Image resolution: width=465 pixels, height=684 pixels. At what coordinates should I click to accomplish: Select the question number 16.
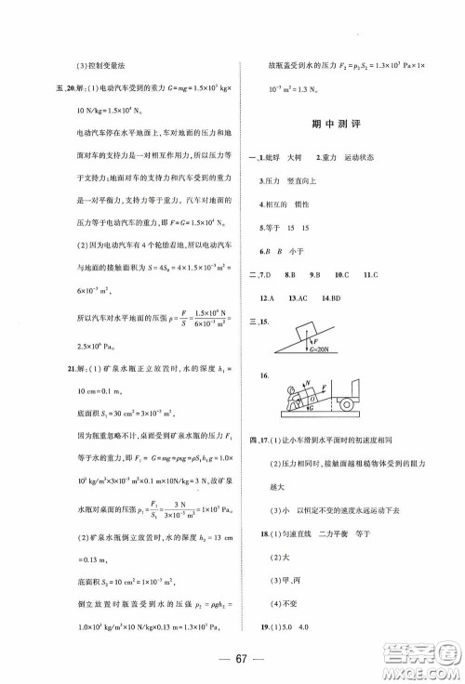(x=267, y=376)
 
